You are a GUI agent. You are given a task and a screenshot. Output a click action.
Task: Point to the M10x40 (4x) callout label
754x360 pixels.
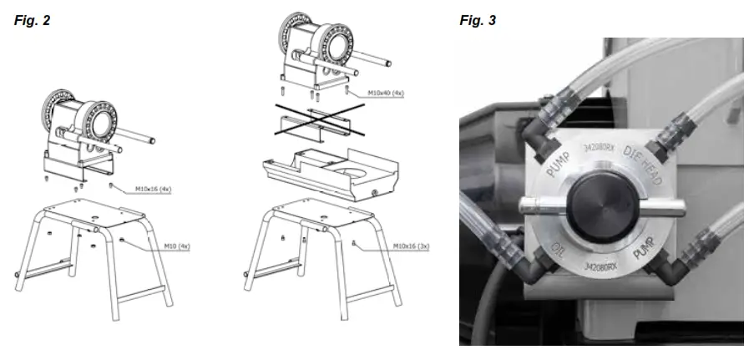coord(386,94)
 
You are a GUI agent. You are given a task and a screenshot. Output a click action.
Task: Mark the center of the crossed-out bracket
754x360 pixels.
coord(316,122)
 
